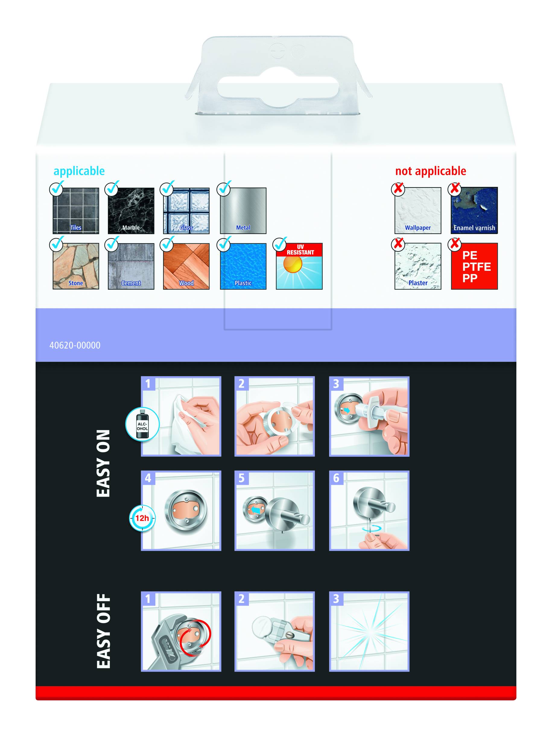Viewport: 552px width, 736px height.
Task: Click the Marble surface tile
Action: click(131, 211)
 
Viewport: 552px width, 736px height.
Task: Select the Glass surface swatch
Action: click(186, 211)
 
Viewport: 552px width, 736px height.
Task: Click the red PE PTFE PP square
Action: click(474, 266)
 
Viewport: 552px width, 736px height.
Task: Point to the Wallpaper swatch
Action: click(418, 211)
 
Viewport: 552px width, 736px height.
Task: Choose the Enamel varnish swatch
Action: click(474, 211)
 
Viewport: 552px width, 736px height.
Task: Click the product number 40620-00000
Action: click(75, 345)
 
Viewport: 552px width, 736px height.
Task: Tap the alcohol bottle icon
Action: click(142, 424)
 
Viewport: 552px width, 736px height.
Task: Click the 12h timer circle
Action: click(142, 518)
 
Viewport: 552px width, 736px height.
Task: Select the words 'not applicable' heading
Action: click(430, 171)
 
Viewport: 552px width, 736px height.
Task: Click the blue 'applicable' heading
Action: click(79, 171)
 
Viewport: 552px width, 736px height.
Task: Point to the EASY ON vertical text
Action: click(103, 463)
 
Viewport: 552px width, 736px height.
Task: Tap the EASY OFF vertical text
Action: click(103, 631)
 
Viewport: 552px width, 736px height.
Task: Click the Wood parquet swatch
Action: click(186, 266)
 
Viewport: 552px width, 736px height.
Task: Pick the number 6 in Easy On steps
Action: click(336, 478)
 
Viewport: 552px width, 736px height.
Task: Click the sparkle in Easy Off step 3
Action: click(369, 632)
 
